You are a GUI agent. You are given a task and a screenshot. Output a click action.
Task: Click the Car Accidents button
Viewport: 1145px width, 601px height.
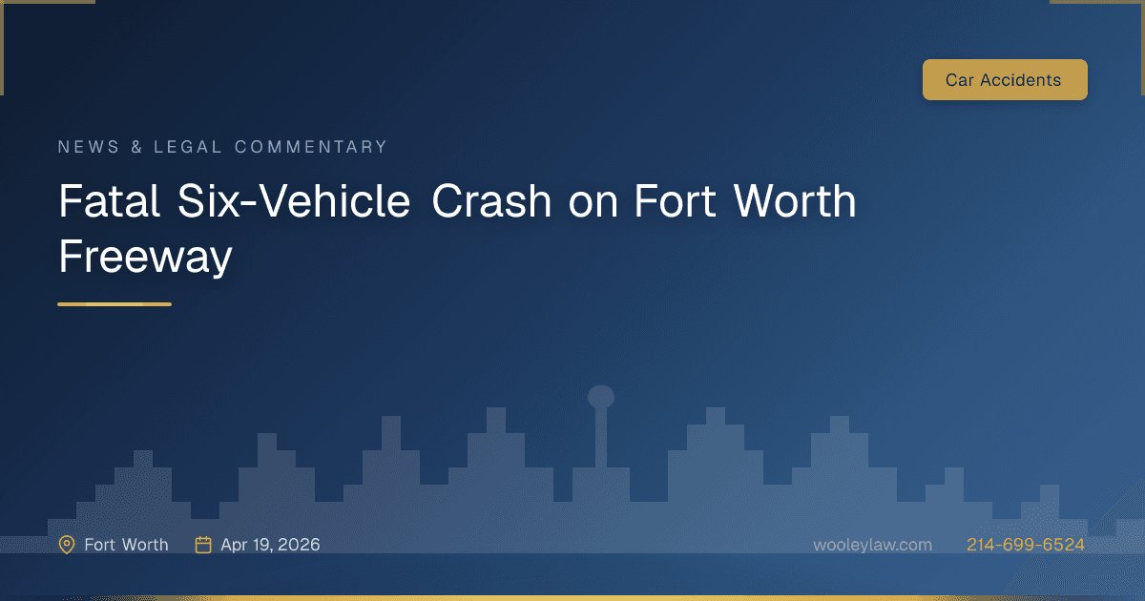pos(1004,80)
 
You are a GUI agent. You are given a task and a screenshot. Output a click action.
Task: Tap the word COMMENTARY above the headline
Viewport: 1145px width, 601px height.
pos(311,147)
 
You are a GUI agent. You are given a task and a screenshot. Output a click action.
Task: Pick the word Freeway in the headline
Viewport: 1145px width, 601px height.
pos(145,256)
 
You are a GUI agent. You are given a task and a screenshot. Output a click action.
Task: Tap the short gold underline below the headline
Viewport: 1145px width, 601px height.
pos(114,304)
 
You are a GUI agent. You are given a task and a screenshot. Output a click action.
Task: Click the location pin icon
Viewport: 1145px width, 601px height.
pos(67,545)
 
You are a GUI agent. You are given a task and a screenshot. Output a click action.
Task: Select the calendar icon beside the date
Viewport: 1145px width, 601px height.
pos(203,545)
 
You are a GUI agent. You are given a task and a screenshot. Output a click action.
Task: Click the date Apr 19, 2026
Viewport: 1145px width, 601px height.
pos(270,545)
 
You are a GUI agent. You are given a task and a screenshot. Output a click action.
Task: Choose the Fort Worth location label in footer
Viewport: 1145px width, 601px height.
pos(126,545)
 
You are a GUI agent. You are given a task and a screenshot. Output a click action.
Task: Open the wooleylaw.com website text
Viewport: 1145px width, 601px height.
pos(872,545)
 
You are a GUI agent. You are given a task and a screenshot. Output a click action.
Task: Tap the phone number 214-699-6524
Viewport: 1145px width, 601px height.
pos(1025,545)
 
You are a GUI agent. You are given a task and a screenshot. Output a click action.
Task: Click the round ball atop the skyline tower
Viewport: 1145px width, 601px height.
pos(601,396)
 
